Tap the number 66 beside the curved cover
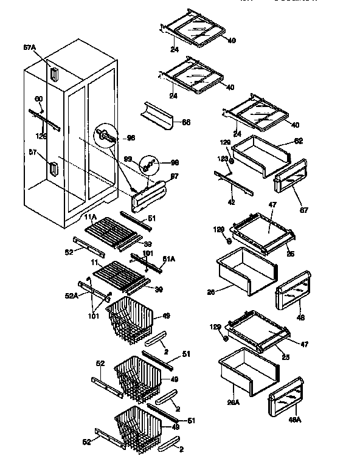[x=186, y=122]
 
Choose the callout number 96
[x=130, y=138]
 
